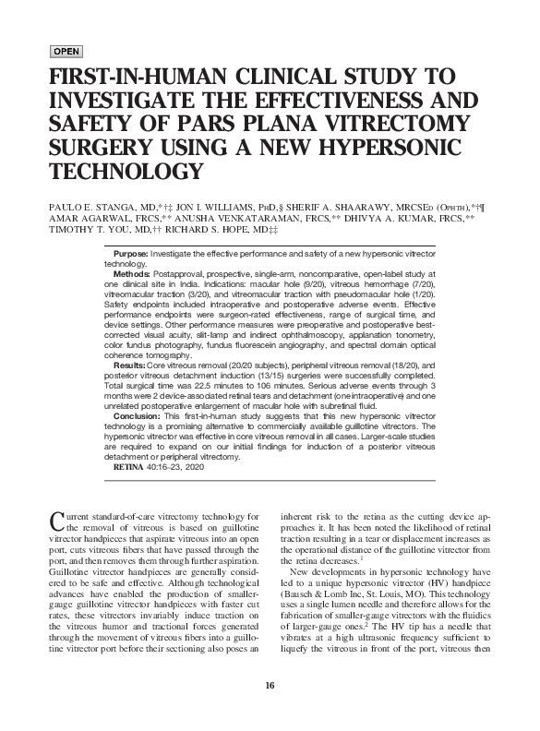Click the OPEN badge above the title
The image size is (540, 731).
(x=66, y=50)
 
